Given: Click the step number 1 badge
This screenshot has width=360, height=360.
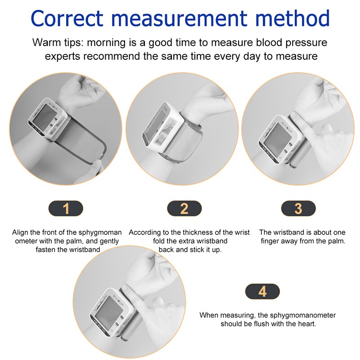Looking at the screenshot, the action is pyautogui.click(x=66, y=208).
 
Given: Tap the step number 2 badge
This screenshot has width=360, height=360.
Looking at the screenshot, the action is pyautogui.click(x=184, y=208).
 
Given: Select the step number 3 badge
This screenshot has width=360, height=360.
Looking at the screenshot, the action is pyautogui.click(x=298, y=208).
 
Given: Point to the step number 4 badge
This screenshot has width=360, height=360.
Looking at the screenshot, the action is pyautogui.click(x=262, y=292).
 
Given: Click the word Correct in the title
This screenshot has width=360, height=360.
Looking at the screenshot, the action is pyautogui.click(x=67, y=18).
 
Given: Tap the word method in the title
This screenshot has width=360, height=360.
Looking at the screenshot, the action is pyautogui.click(x=292, y=18).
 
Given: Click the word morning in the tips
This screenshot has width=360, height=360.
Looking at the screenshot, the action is pyautogui.click(x=106, y=43).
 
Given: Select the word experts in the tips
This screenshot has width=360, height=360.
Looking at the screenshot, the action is pyautogui.click(x=63, y=57).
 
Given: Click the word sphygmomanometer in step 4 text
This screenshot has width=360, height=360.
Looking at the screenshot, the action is pyautogui.click(x=302, y=315).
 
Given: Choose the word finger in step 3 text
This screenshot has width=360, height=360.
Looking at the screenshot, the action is pyautogui.click(x=270, y=241).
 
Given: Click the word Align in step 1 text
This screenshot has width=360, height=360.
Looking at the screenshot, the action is pyautogui.click(x=20, y=233).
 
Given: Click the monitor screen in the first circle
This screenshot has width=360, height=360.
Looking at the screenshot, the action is pyautogui.click(x=44, y=118).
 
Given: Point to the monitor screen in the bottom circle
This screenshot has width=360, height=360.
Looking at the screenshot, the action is pyautogui.click(x=109, y=309).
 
